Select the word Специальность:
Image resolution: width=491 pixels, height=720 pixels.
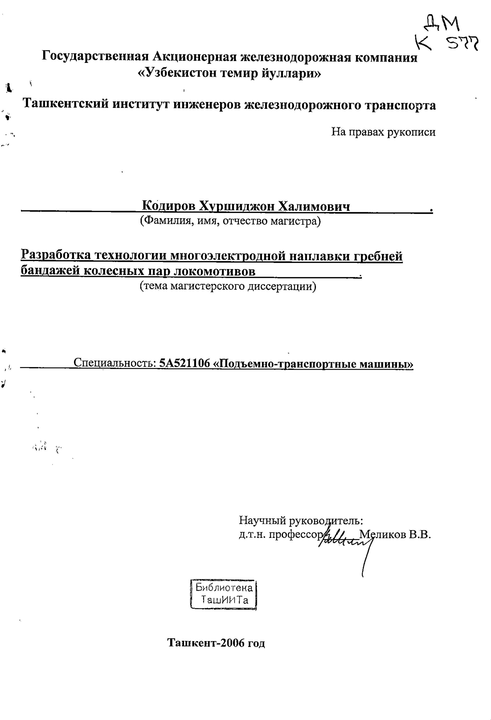(115, 363)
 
